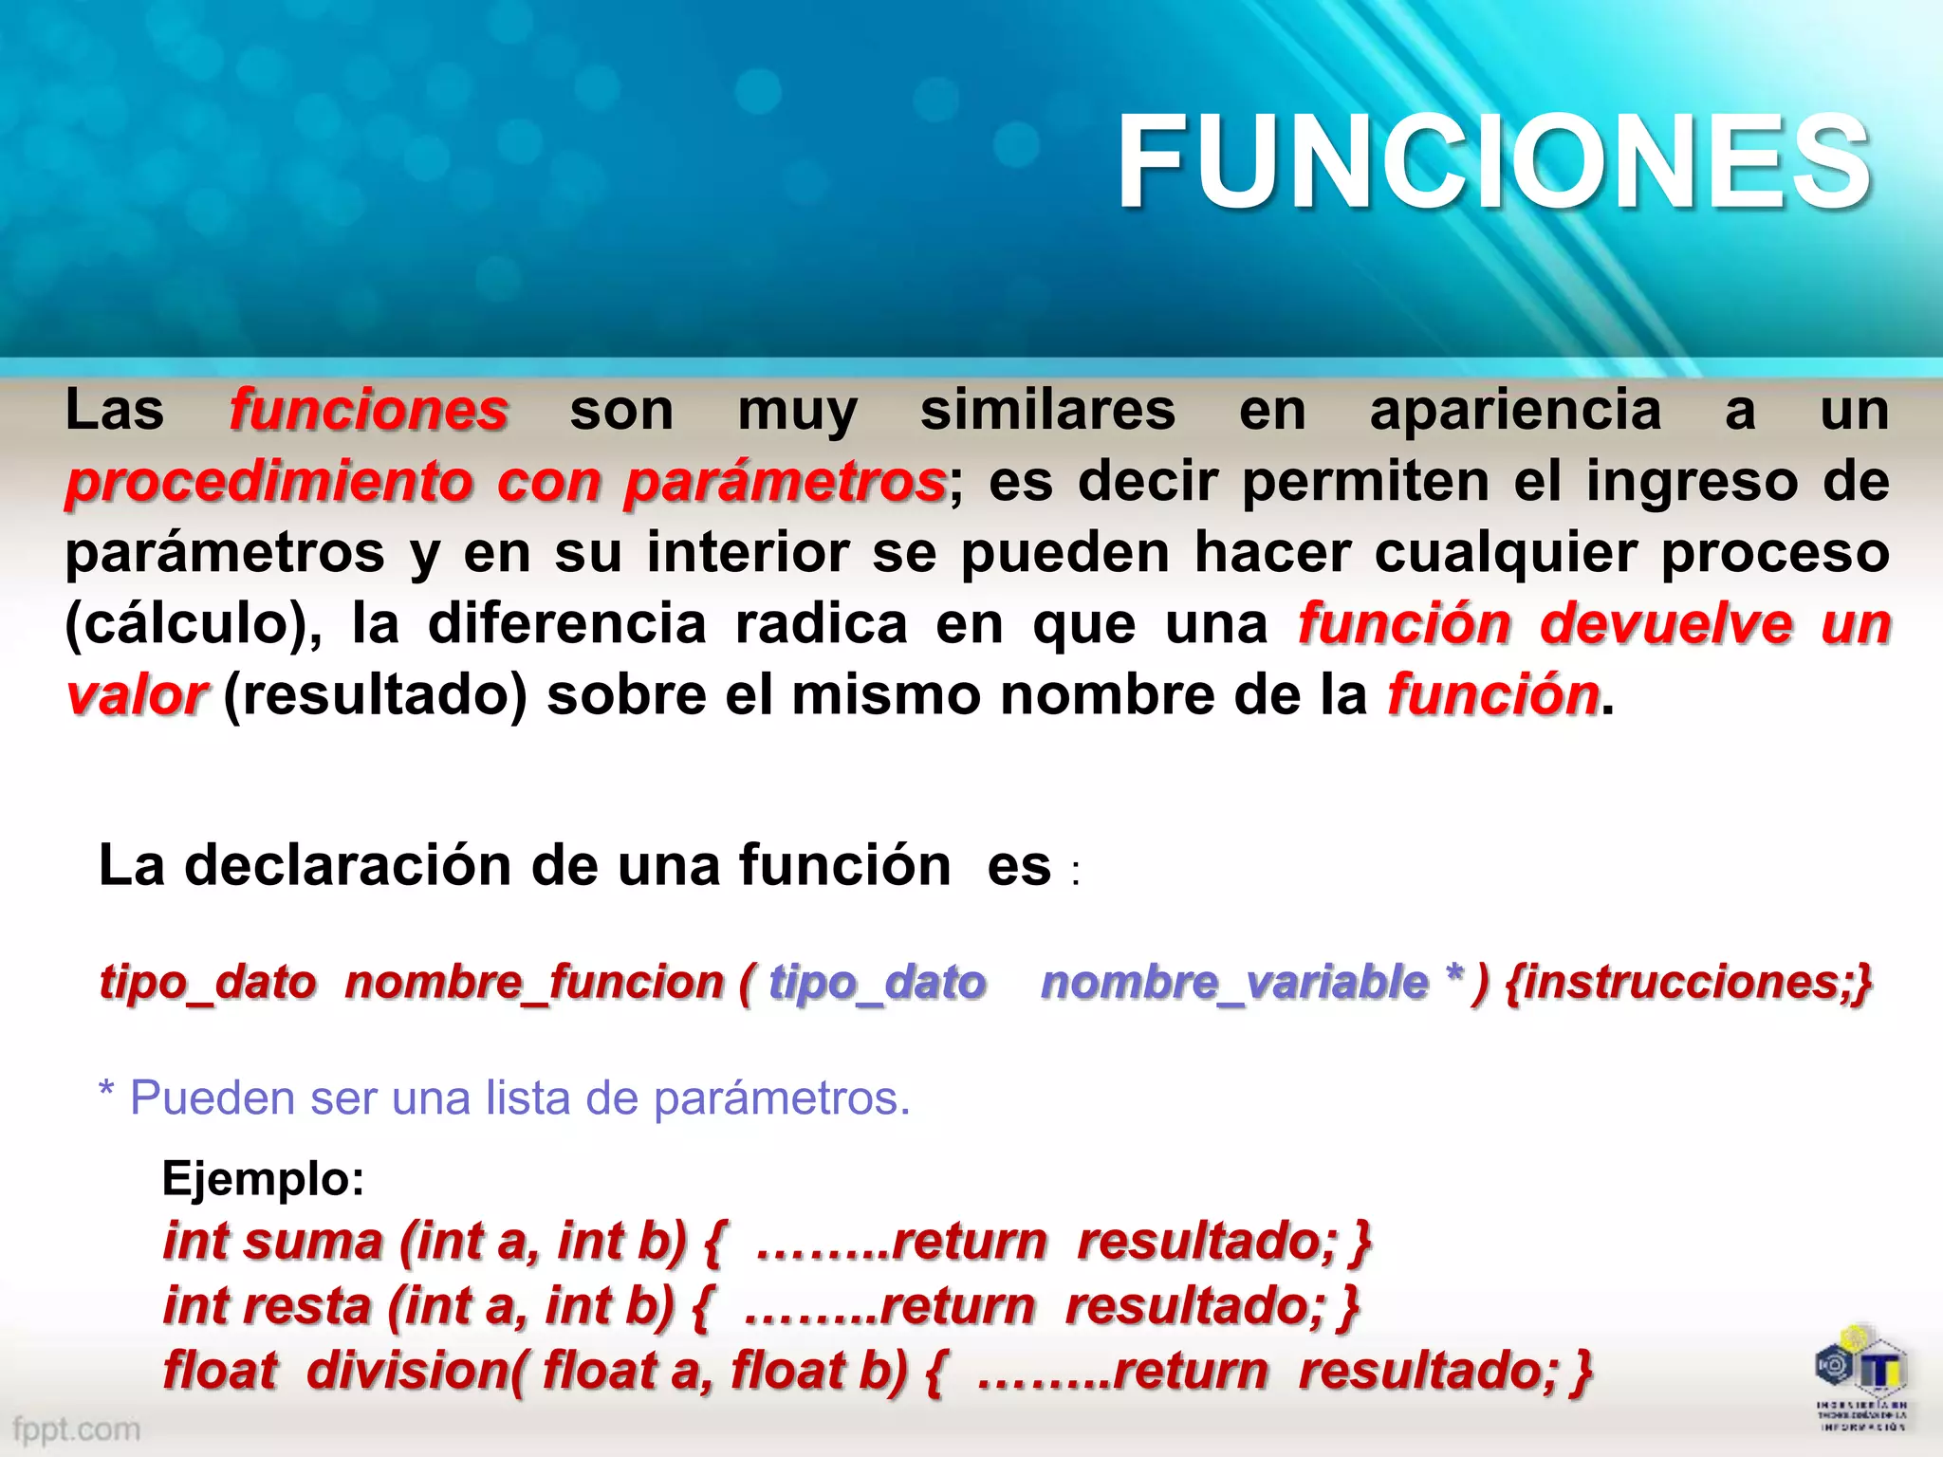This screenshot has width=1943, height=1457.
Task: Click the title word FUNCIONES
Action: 1493,161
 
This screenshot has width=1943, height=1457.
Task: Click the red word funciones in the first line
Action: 369,410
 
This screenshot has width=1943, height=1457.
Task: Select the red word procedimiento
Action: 269,481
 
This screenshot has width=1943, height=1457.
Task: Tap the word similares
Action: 1048,410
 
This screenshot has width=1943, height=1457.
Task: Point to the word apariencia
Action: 1516,410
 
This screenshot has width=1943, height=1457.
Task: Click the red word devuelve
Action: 1666,624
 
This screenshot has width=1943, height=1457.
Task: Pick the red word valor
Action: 137,695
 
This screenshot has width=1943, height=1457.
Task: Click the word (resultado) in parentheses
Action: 375,695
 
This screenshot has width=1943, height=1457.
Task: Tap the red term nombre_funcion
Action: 534,982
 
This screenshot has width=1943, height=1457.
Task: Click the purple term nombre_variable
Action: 1233,982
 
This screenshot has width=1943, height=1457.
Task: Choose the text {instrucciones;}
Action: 1689,982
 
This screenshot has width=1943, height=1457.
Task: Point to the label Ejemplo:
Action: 263,1179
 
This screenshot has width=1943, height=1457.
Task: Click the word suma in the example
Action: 313,1242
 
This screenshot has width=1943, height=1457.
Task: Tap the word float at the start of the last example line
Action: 220,1371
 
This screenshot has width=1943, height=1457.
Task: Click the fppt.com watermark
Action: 76,1429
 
